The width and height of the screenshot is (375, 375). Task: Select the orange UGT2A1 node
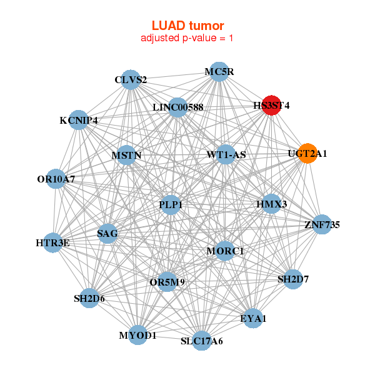pos(307,153)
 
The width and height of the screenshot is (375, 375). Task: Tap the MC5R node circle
pos(219,72)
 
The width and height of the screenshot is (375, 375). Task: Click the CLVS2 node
pos(131,79)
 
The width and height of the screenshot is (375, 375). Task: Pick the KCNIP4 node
pos(79,120)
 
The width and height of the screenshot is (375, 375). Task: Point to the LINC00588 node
pos(178,107)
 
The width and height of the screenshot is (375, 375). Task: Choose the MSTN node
pos(127,155)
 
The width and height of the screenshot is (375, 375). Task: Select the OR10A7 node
pos(56,179)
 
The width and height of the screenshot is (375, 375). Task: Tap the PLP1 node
pos(171,204)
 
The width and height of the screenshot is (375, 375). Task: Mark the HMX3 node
pos(271,204)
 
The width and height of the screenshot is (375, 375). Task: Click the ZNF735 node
pos(322,224)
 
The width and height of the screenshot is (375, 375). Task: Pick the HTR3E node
pos(53,242)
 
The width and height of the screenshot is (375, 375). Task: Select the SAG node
pos(107,234)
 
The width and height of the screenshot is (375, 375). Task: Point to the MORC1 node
pos(225,251)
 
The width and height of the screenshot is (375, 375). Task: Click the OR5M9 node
pos(167,282)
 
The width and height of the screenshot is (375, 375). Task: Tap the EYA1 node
pos(253,319)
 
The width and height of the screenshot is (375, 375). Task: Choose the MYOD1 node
pos(137,336)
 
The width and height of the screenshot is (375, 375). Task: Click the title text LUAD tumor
pos(187,26)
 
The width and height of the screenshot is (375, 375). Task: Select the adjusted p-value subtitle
pos(187,38)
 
